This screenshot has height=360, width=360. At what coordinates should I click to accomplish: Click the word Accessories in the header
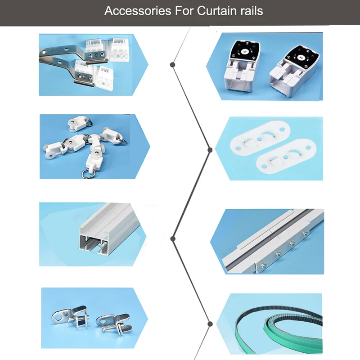(x=138, y=11)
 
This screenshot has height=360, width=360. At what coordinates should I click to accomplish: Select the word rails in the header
(x=252, y=11)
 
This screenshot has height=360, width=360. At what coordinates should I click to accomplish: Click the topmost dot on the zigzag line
(x=173, y=65)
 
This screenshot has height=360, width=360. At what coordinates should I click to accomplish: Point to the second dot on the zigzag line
(x=210, y=150)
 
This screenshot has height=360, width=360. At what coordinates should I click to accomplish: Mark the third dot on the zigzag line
(x=173, y=239)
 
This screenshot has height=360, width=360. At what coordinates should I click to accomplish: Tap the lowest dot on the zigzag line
(x=210, y=324)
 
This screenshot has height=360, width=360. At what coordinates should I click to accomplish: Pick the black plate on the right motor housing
(x=301, y=57)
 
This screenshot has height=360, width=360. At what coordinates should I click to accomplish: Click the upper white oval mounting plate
(x=260, y=138)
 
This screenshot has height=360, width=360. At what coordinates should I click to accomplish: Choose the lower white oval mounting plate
(x=286, y=156)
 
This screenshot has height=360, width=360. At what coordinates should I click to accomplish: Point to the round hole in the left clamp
(x=59, y=318)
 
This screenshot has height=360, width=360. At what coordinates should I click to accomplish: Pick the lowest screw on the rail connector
(x=263, y=265)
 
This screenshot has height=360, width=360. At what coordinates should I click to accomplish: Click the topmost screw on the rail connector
(x=306, y=234)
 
